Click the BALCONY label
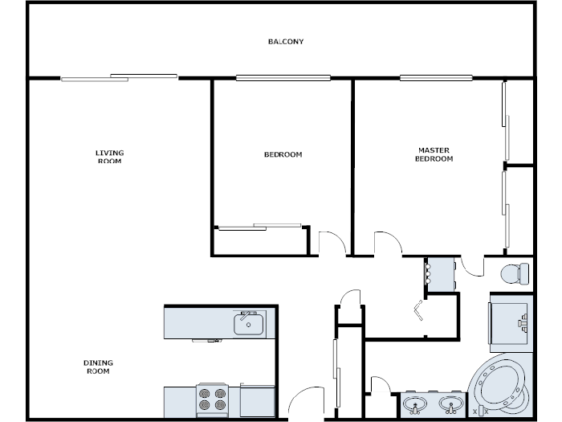(286, 42)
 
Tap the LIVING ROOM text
(110, 157)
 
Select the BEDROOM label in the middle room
(283, 154)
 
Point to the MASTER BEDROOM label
(434, 154)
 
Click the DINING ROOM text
(97, 367)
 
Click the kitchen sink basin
(248, 324)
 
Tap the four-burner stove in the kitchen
(214, 400)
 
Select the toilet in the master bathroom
(514, 273)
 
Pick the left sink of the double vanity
(415, 404)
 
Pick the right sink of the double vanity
(452, 404)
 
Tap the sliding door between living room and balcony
(119, 77)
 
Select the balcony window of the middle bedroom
(283, 78)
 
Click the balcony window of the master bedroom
(436, 78)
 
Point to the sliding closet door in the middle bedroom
(259, 227)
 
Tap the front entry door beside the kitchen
(305, 402)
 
